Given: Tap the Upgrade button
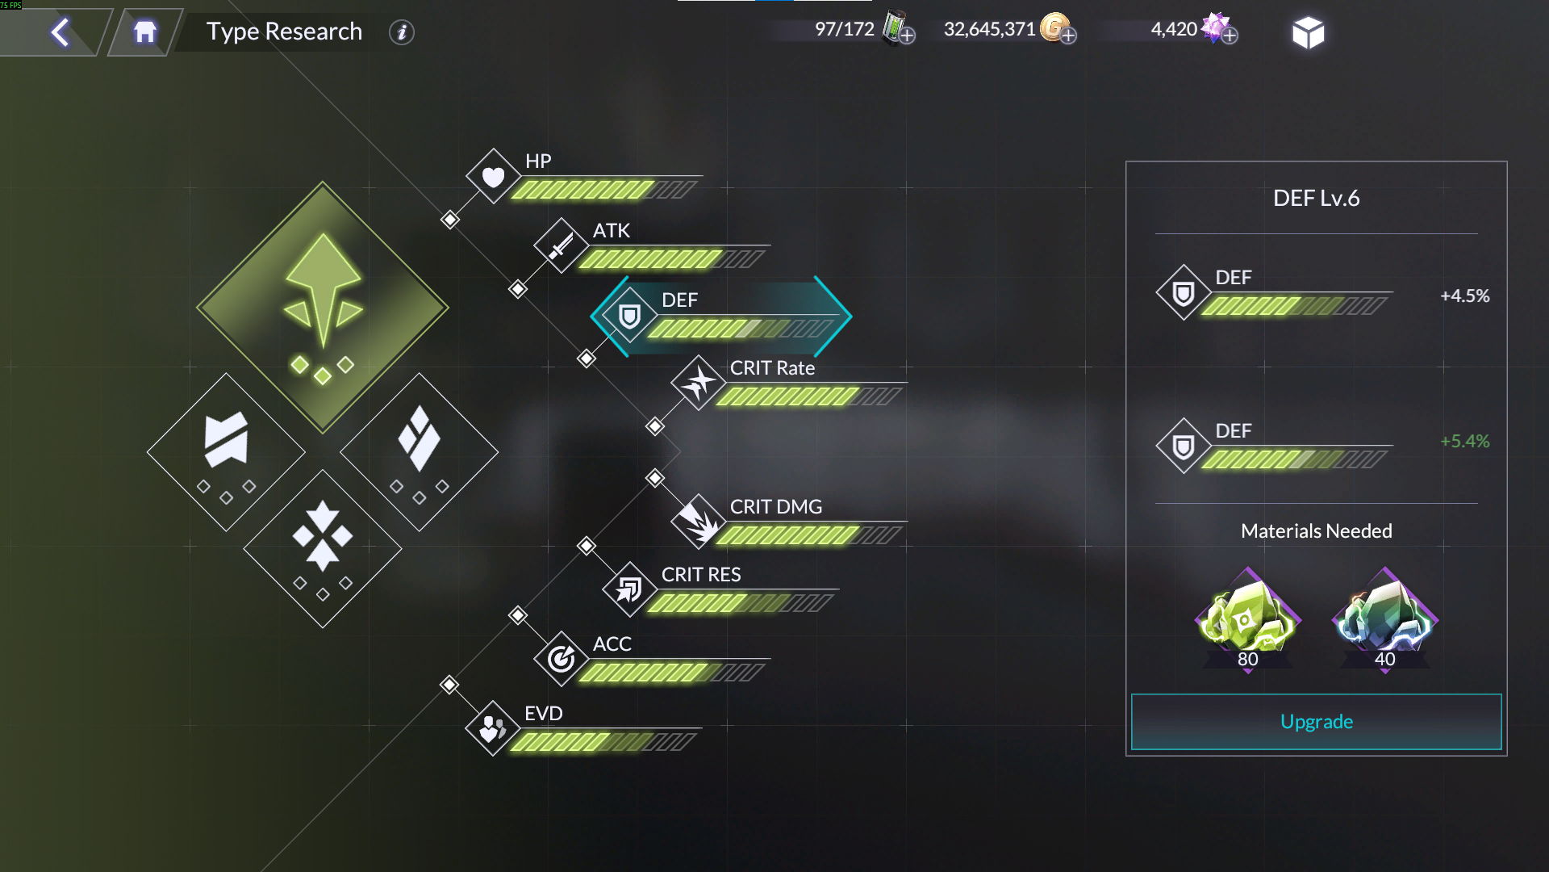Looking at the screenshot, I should pos(1316,722).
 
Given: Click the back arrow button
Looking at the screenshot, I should pos(61,32).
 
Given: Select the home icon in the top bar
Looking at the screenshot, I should pos(145,32).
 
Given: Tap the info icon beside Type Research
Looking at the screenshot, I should pos(401,32).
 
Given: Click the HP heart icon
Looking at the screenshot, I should pos(493,176).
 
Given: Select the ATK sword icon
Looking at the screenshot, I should pos(561,245).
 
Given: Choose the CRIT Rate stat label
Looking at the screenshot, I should pos(772,368).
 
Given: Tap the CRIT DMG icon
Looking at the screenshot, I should pos(698,522).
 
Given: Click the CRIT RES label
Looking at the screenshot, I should pos(700,575).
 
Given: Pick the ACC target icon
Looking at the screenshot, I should pos(561,659).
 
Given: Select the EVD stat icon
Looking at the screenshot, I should pos(492,728).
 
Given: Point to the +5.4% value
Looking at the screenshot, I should pos(1464,442).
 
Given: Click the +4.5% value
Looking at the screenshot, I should pos(1464,296).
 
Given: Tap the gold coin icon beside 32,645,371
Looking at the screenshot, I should pos(1054,28).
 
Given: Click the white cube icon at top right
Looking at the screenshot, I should pos(1308,32).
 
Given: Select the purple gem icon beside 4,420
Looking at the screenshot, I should pos(1215,27).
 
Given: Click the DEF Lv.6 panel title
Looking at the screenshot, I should pos(1316,199).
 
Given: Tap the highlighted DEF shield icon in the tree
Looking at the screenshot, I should pos(629,316).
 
